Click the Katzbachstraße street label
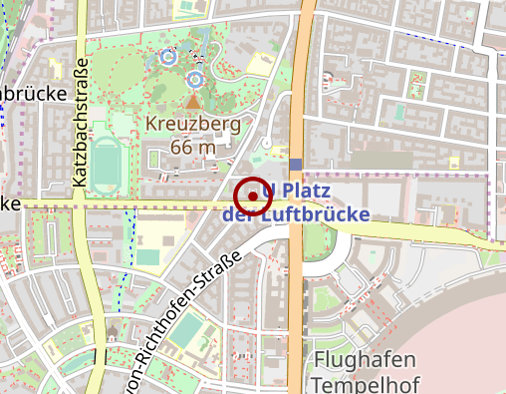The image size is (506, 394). point(81,123)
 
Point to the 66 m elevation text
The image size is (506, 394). point(193,147)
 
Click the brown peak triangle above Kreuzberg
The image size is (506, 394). point(193,101)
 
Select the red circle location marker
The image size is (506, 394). point(254,197)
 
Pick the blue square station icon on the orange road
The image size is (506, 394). point(296,164)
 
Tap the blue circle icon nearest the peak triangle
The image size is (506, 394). point(195,77)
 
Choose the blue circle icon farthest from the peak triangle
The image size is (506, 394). point(168,57)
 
